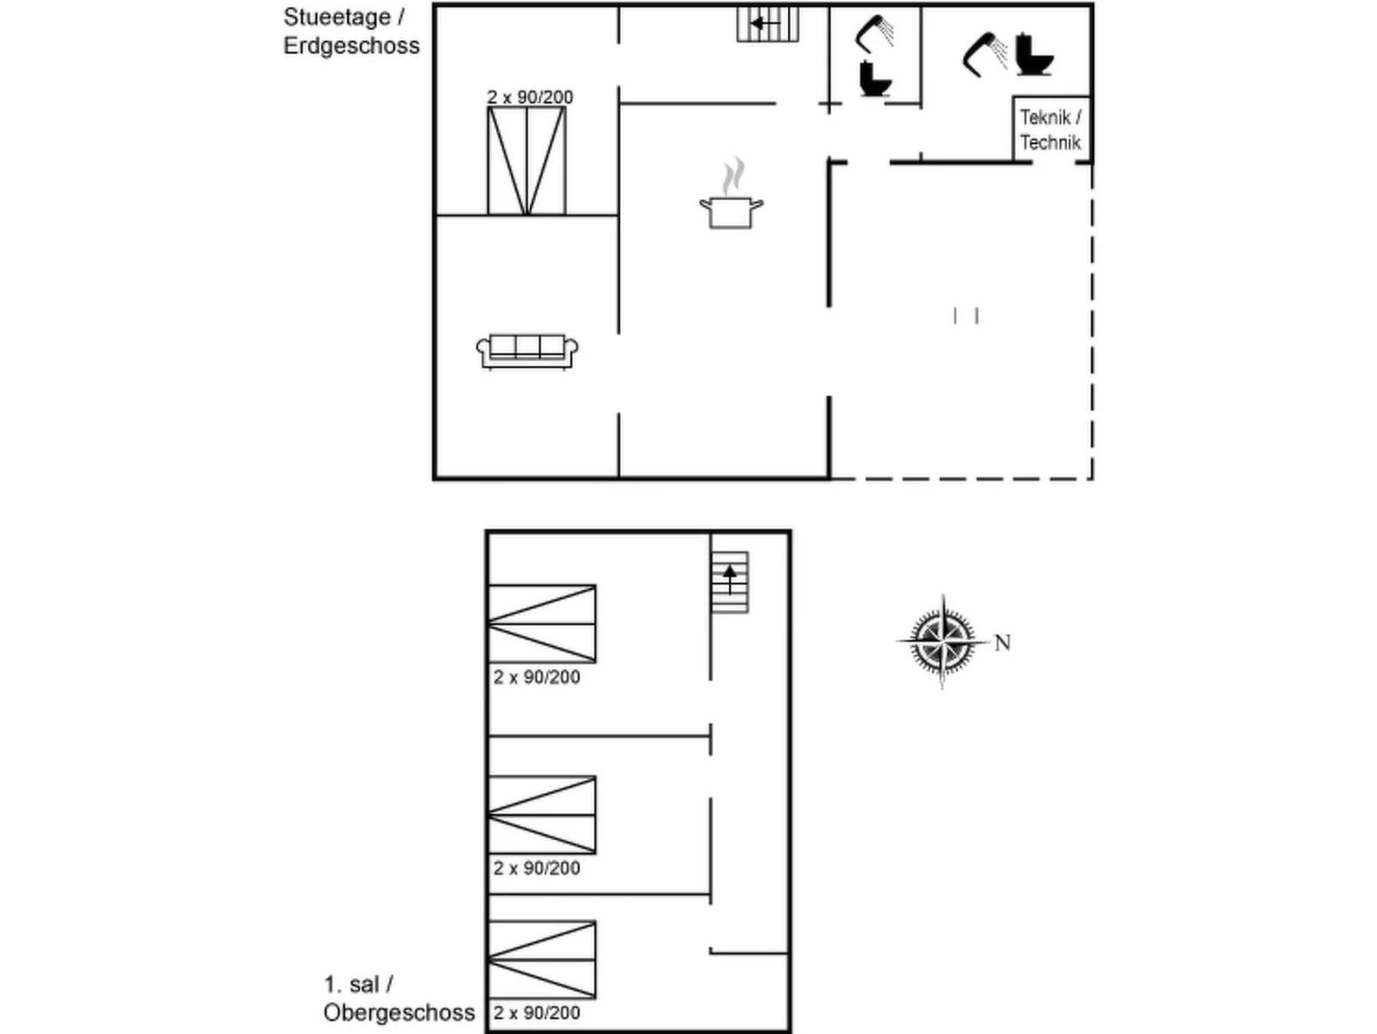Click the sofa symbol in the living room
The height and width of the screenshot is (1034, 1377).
click(526, 350)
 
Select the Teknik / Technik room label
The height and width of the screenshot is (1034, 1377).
click(1050, 130)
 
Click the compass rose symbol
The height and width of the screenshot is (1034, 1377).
click(942, 641)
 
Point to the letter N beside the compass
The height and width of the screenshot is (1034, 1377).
click(1002, 643)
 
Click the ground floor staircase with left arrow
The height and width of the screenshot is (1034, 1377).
click(767, 24)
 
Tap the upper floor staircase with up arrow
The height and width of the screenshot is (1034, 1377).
click(730, 582)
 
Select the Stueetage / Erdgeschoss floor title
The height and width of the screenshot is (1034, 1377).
click(351, 32)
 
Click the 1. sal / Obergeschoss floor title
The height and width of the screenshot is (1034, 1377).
click(398, 999)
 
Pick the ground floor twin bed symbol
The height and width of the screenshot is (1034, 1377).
click(526, 160)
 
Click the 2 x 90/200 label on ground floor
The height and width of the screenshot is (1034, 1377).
click(530, 97)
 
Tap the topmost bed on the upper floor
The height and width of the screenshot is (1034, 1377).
click(542, 624)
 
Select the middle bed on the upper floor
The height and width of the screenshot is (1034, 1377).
click(542, 814)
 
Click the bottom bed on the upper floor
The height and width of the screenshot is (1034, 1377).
click(542, 959)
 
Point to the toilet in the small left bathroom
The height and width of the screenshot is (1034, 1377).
click(875, 79)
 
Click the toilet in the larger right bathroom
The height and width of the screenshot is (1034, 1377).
click(1034, 55)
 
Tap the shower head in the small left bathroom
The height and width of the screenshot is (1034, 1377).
click(875, 33)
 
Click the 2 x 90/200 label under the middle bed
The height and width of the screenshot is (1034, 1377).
click(537, 868)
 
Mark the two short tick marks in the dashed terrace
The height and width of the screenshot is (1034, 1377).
click(965, 316)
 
